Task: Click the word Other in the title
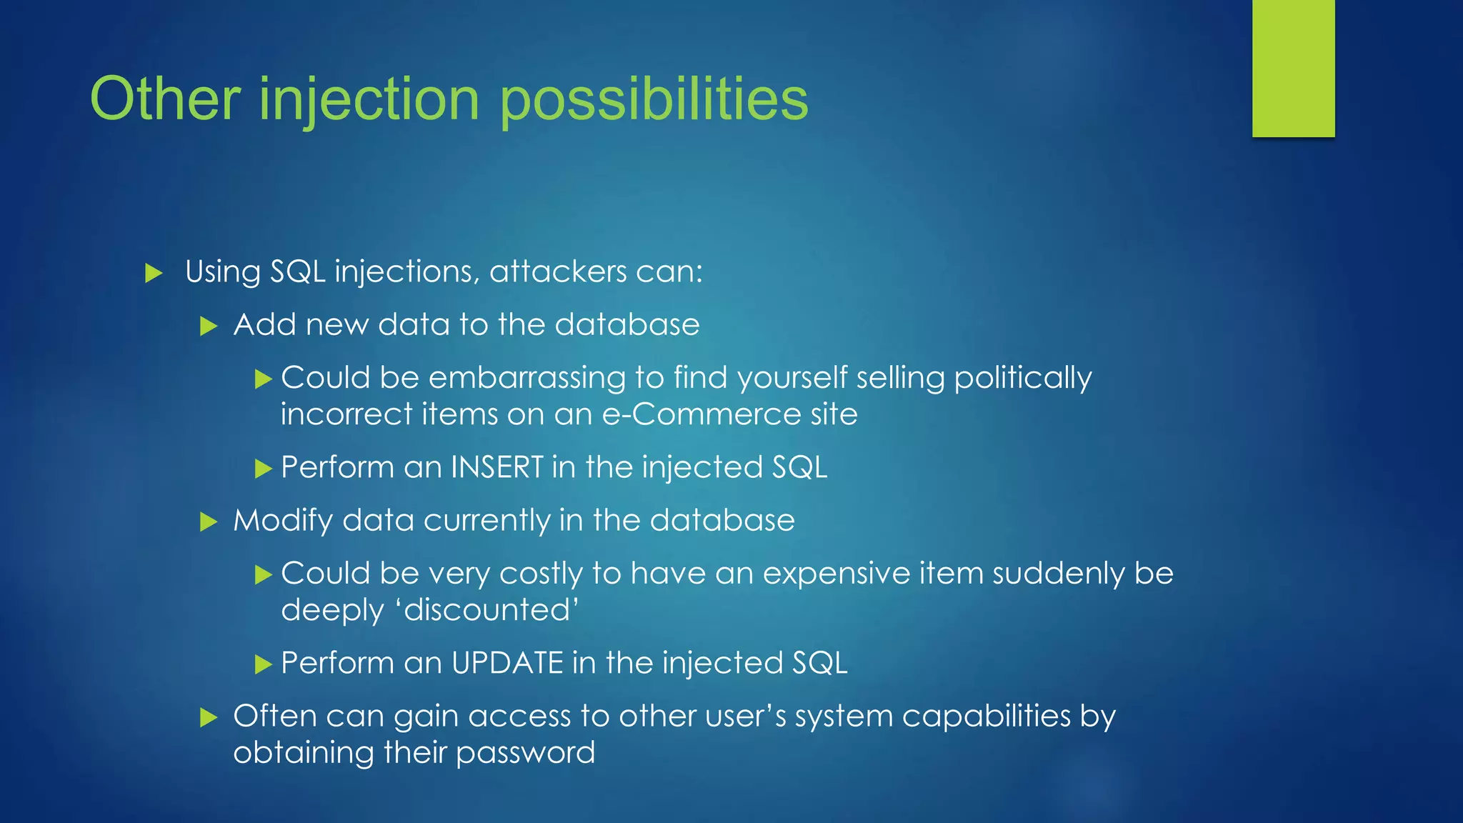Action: (165, 99)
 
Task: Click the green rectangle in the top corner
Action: (1293, 68)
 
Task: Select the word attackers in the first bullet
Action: (559, 271)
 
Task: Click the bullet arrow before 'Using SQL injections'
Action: (154, 273)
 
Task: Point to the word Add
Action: (264, 325)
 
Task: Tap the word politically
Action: (1023, 379)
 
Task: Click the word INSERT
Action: (497, 467)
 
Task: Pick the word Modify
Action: (283, 521)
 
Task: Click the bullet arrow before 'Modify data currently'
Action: (208, 522)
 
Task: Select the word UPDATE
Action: (507, 663)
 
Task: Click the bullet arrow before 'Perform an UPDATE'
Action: (264, 664)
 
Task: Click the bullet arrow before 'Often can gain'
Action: (208, 717)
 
